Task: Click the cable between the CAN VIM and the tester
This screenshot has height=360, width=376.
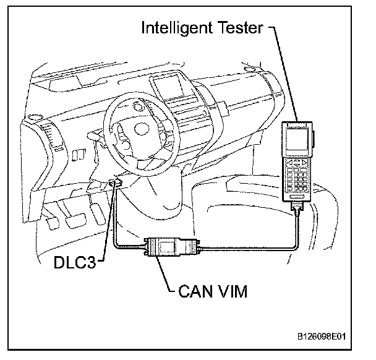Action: point(247,247)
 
